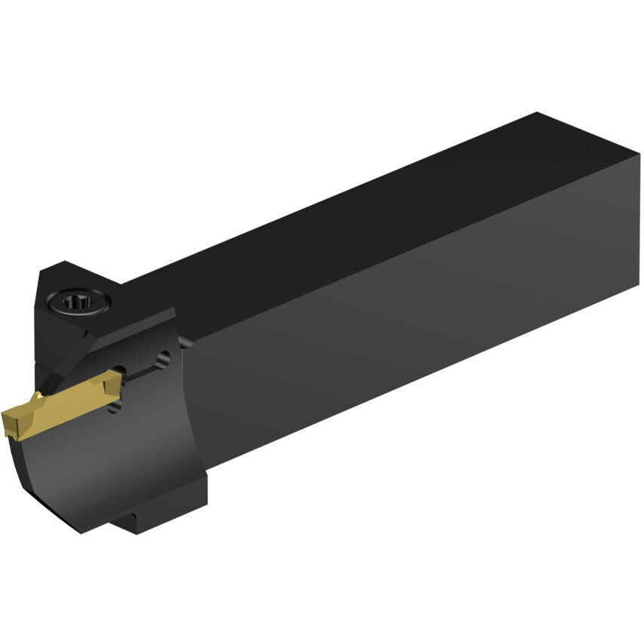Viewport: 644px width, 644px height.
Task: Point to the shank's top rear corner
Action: pyautogui.click(x=537, y=115)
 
